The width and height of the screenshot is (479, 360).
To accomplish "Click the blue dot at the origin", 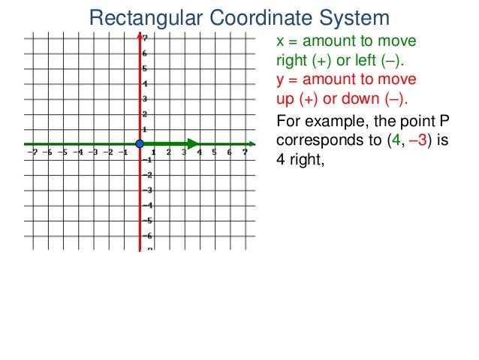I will pyautogui.click(x=140, y=144).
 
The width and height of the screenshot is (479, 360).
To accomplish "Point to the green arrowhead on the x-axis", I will pyautogui.click(x=194, y=144).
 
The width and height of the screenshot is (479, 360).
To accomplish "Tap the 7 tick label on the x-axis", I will pyautogui.click(x=245, y=152).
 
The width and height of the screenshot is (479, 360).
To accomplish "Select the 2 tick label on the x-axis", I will pyautogui.click(x=169, y=152).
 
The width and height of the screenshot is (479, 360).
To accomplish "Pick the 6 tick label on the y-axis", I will pyautogui.click(x=145, y=53).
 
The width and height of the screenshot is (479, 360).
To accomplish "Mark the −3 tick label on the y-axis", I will pyautogui.click(x=148, y=190).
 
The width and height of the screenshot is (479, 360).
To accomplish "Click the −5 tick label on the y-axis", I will pyautogui.click(x=148, y=220).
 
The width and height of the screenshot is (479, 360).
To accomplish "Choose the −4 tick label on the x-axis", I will pyautogui.click(x=77, y=152).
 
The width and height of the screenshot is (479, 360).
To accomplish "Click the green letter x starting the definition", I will pyautogui.click(x=281, y=41).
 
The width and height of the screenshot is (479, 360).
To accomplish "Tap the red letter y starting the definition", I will pyautogui.click(x=281, y=80).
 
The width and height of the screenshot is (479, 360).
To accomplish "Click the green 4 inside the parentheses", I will pyautogui.click(x=387, y=140).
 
